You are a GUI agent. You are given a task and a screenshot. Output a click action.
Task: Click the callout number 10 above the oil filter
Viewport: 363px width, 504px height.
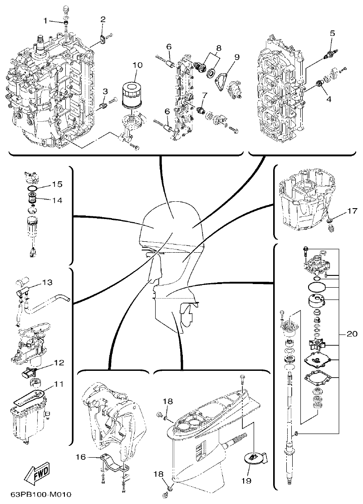[137, 65]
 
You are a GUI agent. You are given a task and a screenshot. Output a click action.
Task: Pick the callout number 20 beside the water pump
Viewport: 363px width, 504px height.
[351, 333]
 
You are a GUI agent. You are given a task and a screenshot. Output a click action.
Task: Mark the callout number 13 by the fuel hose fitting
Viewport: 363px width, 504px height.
[47, 283]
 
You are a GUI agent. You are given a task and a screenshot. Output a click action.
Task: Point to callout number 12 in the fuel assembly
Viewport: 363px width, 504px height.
[59, 363]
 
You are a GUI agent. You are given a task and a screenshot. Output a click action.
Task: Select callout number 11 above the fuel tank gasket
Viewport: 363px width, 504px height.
[59, 384]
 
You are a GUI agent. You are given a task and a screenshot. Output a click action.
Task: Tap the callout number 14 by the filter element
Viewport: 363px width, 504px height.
[57, 200]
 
